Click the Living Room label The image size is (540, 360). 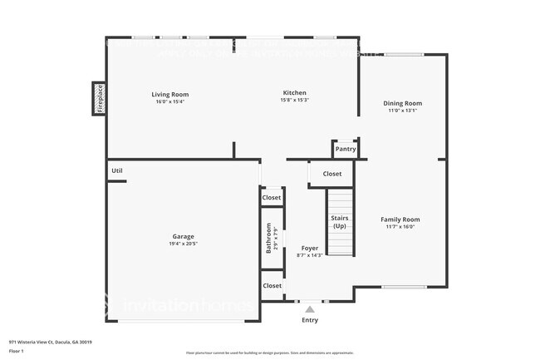click(x=169, y=94)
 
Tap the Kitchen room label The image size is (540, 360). click(x=294, y=93)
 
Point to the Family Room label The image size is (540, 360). click(x=400, y=219)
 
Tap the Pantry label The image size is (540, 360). click(x=346, y=150)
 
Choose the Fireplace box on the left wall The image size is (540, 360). click(x=98, y=97)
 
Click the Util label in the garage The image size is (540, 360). click(x=117, y=170)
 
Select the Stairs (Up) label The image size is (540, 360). click(x=340, y=222)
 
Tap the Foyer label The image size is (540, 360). click(x=309, y=248)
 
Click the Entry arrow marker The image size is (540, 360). click(x=310, y=308)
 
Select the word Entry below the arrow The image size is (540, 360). click(x=310, y=319)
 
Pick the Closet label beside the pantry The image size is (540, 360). click(x=331, y=174)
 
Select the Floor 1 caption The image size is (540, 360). click(x=17, y=352)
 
